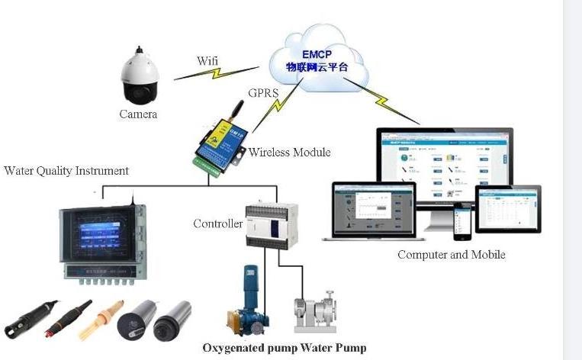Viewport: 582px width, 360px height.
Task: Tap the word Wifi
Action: (x=207, y=60)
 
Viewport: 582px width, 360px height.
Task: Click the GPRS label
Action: (x=263, y=93)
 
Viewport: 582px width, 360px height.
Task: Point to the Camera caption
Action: (x=138, y=114)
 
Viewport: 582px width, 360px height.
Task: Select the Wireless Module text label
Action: (x=289, y=153)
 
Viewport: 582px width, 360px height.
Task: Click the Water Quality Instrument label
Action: (x=66, y=171)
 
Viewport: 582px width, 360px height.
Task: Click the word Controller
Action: (x=217, y=223)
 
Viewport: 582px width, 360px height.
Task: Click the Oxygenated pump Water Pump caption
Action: (x=284, y=348)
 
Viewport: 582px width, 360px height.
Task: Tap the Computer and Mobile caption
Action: (x=451, y=254)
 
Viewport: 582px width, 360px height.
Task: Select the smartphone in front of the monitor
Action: (x=461, y=221)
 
